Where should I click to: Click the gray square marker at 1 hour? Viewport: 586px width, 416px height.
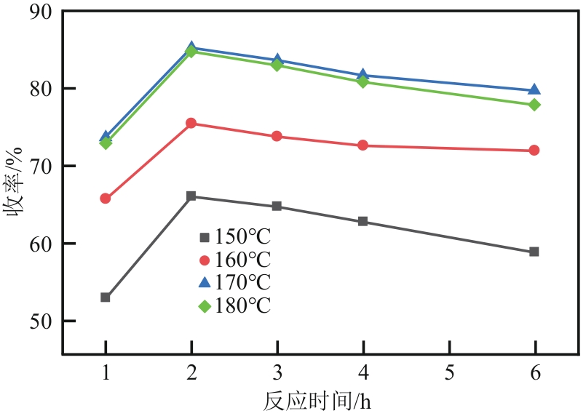[x=106, y=297]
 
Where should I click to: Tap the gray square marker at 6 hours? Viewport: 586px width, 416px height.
[x=534, y=252]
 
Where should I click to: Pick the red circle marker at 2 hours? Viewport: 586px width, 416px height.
[x=191, y=124]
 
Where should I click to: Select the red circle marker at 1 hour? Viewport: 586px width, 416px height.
[x=106, y=199]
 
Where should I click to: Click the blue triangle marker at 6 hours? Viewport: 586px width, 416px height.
[x=534, y=90]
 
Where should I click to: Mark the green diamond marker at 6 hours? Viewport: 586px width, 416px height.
[x=534, y=105]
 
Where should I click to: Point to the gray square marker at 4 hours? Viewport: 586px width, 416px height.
[x=363, y=221]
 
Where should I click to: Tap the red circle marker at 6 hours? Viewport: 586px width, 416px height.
[x=534, y=151]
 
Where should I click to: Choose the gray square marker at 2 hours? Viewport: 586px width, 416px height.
[x=191, y=196]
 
